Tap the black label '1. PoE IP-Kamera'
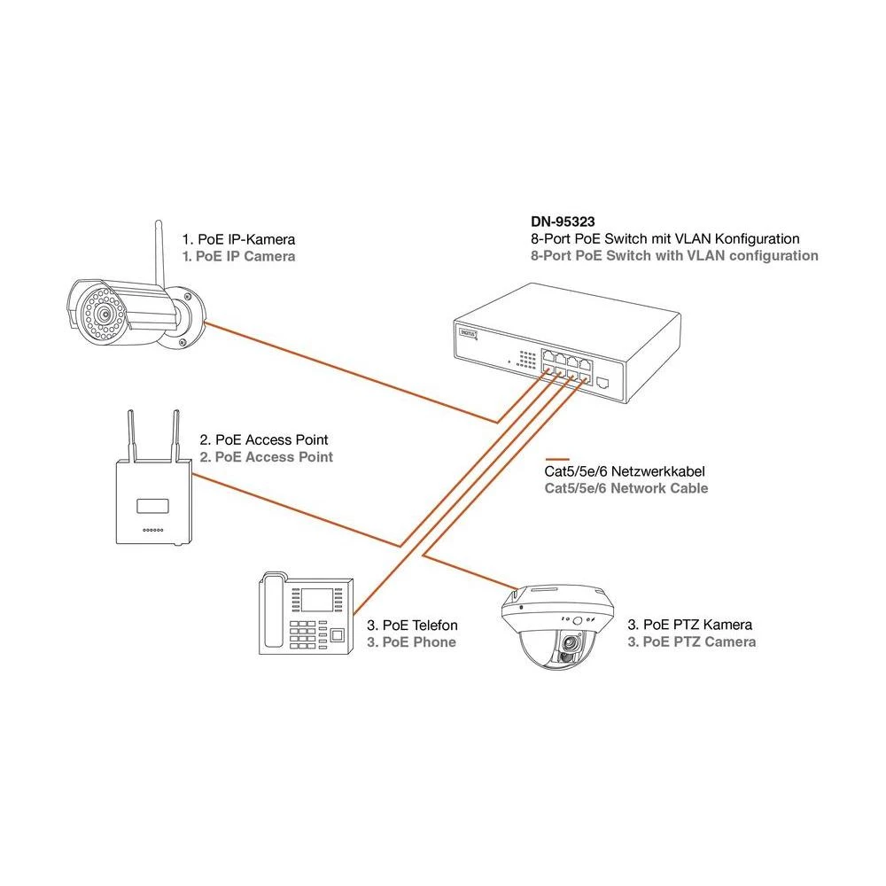point(238,239)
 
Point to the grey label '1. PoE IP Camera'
point(238,256)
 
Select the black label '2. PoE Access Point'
point(264,439)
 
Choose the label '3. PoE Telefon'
point(412,626)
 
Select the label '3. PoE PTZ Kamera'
point(690,626)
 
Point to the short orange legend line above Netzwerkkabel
point(562,460)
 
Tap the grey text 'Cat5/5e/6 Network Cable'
point(626,488)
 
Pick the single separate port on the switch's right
point(603,383)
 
